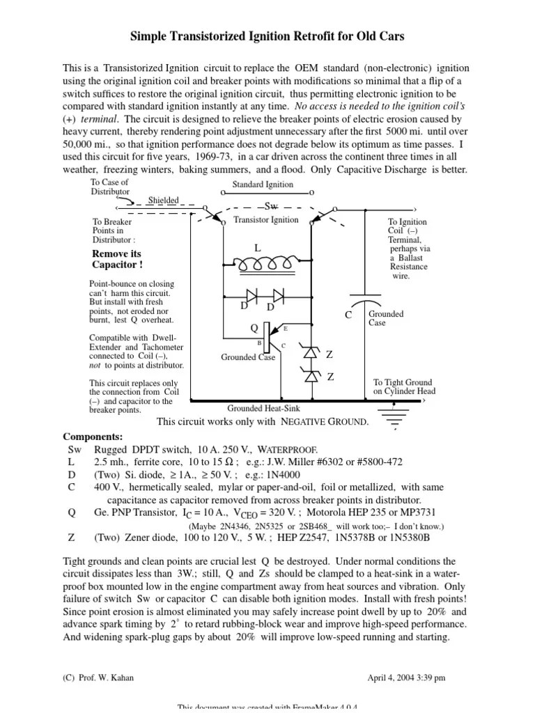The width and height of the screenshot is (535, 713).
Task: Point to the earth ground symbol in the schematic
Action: point(397,418)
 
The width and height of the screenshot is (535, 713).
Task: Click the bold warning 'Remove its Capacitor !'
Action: point(117,260)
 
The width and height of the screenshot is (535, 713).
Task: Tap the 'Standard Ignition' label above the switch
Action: point(263,185)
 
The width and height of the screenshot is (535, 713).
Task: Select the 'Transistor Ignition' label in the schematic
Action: point(265,220)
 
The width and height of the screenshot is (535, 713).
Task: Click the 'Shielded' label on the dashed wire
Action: point(164,201)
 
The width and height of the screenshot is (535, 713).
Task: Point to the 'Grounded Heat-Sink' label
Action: point(263,409)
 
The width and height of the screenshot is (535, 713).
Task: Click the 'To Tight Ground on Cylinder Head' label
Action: point(403,386)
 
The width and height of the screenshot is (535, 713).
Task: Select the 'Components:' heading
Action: point(93,437)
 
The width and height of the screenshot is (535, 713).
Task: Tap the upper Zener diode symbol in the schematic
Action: point(311,353)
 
